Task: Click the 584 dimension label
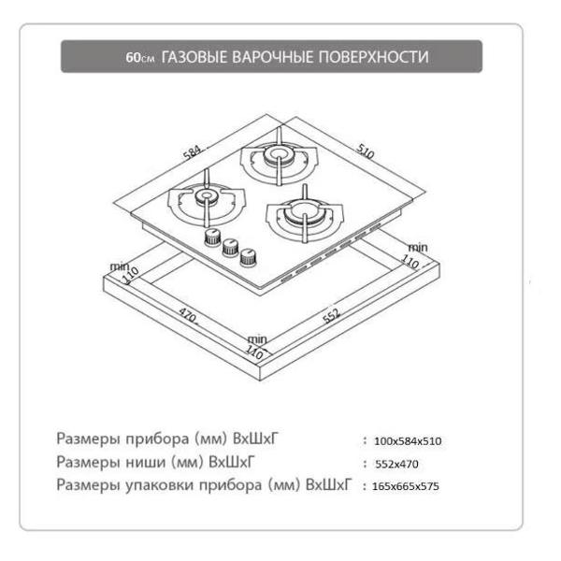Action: point(192,152)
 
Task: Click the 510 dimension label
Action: point(366,151)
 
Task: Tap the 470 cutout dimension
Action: point(188,316)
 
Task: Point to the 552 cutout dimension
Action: point(332,316)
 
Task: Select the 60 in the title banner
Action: point(133,58)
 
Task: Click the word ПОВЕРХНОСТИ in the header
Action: point(374,57)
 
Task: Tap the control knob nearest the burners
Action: point(212,237)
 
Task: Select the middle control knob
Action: point(230,247)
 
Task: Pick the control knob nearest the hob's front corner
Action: point(248,257)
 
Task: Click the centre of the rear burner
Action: point(279,154)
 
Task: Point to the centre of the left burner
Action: point(206,196)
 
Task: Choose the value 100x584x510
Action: point(408,441)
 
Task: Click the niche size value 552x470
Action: point(396,464)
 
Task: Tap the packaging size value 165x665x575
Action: point(406,486)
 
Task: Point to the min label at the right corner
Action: point(418,247)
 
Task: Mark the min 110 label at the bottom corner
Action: point(256,347)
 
